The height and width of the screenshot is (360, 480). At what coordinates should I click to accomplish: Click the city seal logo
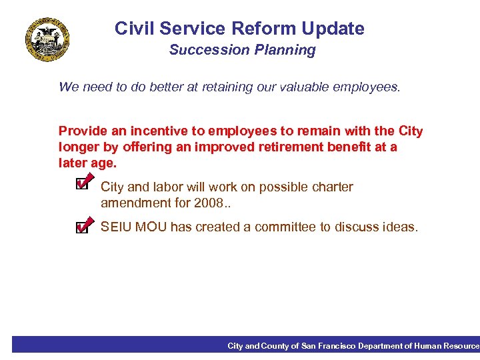coord(47,39)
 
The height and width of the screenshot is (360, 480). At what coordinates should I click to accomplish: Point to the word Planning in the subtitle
coord(289,50)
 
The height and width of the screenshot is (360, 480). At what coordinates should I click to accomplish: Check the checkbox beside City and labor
coord(82,182)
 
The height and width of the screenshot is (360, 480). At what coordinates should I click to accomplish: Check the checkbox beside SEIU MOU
coord(82,227)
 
